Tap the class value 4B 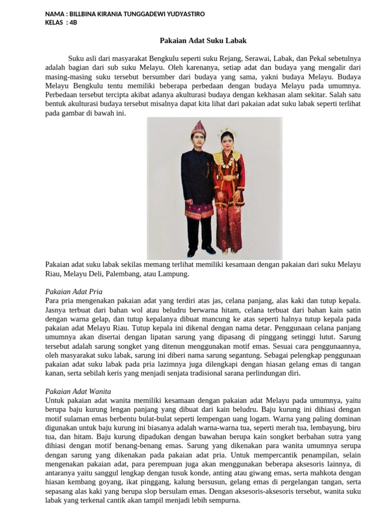point(73,22)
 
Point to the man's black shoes point(200,251)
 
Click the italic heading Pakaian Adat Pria point(74,291)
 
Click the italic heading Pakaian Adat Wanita point(78,392)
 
